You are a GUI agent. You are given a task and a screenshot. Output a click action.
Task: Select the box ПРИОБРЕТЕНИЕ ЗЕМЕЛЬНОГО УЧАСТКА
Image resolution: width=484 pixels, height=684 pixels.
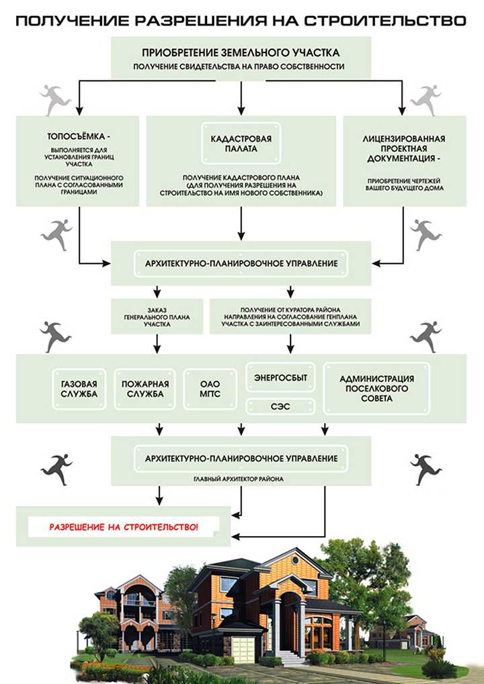[240, 58]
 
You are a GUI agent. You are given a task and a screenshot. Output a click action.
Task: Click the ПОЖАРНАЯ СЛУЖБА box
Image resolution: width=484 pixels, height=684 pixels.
[145, 389]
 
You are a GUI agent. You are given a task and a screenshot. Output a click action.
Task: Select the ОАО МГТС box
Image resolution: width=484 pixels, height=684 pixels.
[210, 389]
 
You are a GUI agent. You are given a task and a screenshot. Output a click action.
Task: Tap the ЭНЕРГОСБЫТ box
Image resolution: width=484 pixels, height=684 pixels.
[280, 378]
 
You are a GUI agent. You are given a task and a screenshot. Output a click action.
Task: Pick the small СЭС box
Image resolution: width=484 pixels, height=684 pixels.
[280, 406]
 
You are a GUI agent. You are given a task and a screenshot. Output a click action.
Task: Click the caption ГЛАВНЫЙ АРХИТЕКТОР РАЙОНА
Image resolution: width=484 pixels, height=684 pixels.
[240, 479]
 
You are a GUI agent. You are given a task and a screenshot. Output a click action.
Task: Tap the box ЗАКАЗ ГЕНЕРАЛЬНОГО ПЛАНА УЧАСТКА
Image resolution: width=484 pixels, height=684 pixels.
[156, 316]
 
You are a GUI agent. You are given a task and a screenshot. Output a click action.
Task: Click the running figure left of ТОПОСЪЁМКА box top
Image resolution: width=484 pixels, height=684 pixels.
[56, 99]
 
